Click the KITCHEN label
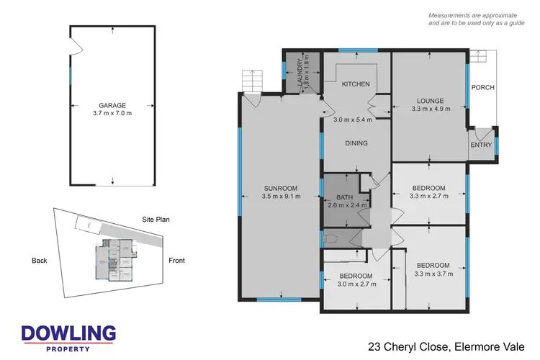pyautogui.click(x=355, y=84)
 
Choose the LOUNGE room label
pyautogui.click(x=429, y=101)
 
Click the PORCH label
pyautogui.click(x=482, y=88)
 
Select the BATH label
pyautogui.click(x=345, y=197)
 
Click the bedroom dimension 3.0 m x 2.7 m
pyautogui.click(x=356, y=284)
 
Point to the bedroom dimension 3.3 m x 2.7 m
pyautogui.click(x=428, y=197)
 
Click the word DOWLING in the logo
pyautogui.click(x=68, y=333)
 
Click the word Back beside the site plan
pyautogui.click(x=40, y=261)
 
